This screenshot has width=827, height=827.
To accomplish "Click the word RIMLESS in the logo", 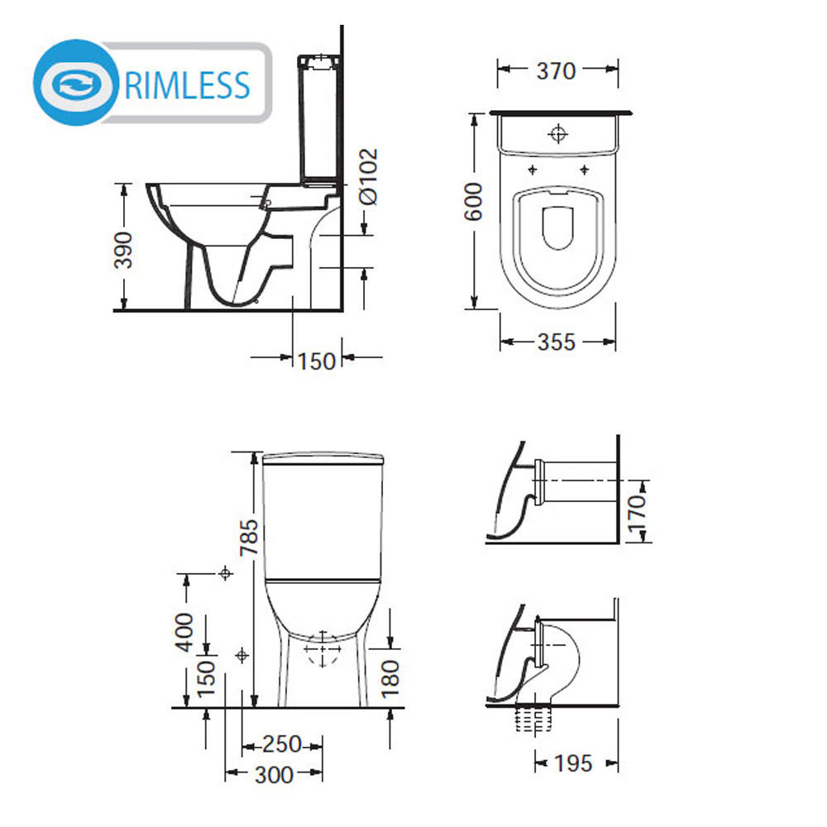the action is (187, 85).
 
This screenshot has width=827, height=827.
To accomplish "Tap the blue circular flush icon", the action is (76, 83).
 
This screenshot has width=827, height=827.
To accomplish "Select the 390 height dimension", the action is (123, 250).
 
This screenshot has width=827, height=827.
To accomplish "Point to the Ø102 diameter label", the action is (368, 176).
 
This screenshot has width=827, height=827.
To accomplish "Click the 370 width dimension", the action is (556, 70).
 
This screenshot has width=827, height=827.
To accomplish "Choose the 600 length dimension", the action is (473, 202).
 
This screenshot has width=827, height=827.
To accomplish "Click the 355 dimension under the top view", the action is (556, 342).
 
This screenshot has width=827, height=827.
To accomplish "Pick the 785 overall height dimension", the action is (249, 538).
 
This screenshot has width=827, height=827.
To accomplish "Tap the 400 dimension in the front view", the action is (184, 632).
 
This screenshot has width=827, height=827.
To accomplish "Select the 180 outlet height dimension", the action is (390, 679).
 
